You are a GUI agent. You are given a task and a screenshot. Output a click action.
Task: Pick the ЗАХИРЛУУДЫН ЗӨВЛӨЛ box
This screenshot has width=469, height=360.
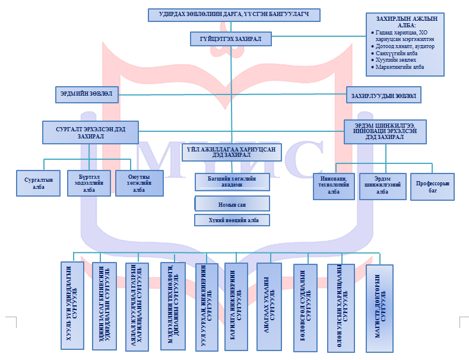click(x=384, y=94)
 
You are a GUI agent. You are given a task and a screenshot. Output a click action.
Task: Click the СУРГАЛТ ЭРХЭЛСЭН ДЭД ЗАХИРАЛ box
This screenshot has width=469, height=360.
click(x=90, y=132)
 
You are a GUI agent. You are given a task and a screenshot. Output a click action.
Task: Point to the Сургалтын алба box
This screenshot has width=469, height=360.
click(x=39, y=182)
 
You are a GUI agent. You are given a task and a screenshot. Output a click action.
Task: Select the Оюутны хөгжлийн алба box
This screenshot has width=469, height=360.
click(x=138, y=182)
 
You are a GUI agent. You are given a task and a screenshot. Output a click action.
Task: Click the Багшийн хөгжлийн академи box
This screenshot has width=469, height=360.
click(x=232, y=182)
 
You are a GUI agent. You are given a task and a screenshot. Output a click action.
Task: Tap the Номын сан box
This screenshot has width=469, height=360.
click(x=232, y=204)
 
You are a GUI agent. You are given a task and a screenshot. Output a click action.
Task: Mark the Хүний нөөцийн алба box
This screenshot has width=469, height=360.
click(x=232, y=220)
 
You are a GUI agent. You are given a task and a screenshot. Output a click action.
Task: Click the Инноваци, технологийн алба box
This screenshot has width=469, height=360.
click(x=334, y=184)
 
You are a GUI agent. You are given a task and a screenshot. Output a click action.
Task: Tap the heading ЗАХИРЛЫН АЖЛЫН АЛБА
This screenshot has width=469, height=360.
click(x=404, y=23)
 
